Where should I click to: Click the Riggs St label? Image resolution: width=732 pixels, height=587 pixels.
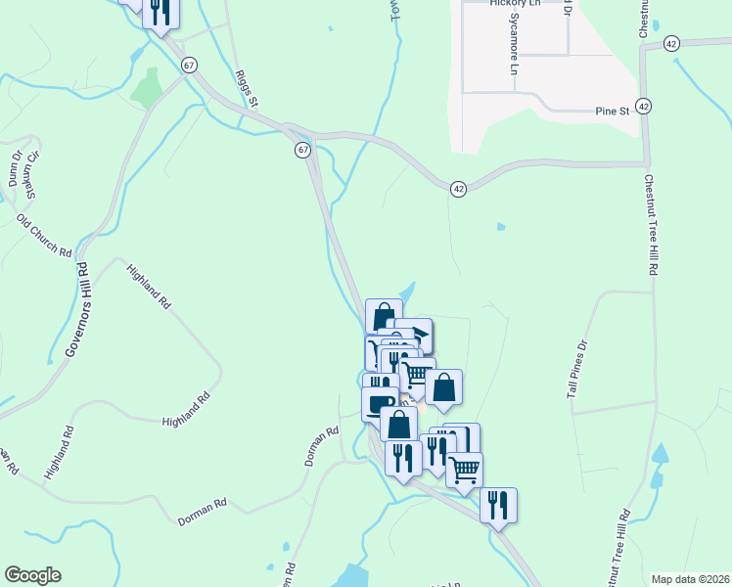click(246, 88)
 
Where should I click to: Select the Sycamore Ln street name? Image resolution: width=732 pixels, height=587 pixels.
click(513, 50)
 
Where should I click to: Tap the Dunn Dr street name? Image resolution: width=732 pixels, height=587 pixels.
click(15, 168)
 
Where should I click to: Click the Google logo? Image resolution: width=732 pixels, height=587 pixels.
click(32, 575)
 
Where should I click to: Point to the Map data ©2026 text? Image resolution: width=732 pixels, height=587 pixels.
click(690, 579)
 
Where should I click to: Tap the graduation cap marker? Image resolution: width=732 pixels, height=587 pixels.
click(419, 335)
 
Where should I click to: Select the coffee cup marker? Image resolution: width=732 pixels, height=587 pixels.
click(379, 402)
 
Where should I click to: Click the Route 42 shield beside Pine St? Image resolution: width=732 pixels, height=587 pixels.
click(643, 106)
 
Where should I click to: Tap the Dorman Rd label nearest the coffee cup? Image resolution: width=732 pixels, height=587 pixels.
click(320, 445)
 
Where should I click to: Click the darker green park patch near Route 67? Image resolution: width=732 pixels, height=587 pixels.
click(147, 87)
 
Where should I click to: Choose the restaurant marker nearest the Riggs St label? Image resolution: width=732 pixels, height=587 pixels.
click(160, 11)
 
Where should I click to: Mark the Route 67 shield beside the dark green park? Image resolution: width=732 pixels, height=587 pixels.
click(190, 65)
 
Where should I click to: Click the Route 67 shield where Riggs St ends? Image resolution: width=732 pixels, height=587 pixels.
click(303, 150)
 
